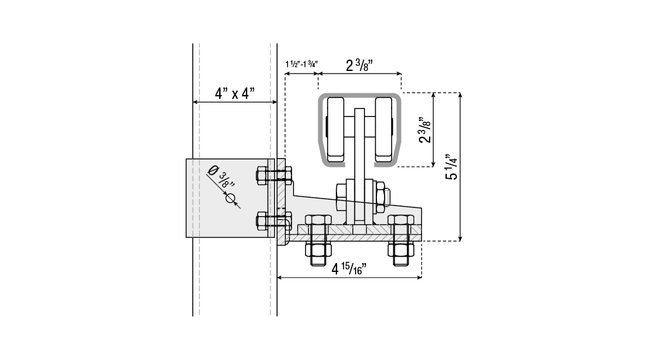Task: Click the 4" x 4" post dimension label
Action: point(234,93)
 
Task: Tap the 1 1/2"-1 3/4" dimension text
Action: point(301,64)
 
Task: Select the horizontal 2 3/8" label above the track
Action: point(359,65)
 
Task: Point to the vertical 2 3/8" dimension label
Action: point(425,130)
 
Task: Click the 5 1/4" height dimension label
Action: point(451,166)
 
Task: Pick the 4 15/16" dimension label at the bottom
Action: point(349,269)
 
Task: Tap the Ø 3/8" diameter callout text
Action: point(222,177)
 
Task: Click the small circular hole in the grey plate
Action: point(230,198)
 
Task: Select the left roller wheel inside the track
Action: point(335,129)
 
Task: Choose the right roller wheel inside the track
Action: point(384,129)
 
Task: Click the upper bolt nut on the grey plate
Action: point(262,176)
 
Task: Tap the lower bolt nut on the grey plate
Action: point(262,221)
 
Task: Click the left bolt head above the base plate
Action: point(317,220)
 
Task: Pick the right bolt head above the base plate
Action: point(400,220)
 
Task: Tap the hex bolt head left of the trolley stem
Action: point(341,197)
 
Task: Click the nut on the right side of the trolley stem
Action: point(380,197)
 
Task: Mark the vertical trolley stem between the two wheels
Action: point(359,165)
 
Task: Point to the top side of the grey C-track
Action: point(359,95)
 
